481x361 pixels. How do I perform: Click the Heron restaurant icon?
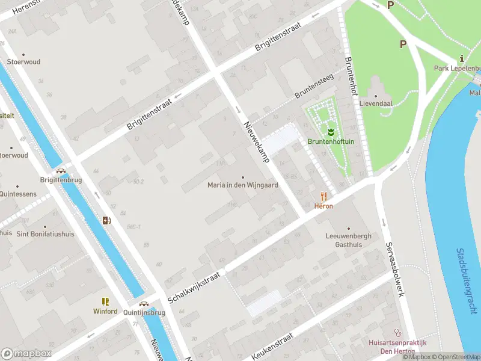point(323,196)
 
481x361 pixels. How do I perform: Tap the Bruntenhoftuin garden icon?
point(331,131)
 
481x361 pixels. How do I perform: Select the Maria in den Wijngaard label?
point(243,185)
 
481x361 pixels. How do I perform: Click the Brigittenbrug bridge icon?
point(61,171)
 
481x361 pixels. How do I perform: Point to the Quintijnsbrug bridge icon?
point(144,304)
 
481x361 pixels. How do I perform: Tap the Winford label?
point(105,312)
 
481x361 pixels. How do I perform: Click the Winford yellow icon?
point(105,301)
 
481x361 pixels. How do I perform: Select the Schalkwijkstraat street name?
point(195,286)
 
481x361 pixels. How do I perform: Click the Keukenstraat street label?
point(272,346)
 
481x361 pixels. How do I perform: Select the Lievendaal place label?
point(376,103)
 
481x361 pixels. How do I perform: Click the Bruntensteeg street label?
point(314,87)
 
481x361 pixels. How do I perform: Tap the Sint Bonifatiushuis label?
point(45,234)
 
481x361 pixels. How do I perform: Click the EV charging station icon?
point(106,220)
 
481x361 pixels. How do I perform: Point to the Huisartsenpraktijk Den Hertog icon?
point(397,332)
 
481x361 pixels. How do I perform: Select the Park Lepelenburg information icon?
point(461,58)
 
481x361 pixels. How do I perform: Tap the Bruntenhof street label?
point(351,76)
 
